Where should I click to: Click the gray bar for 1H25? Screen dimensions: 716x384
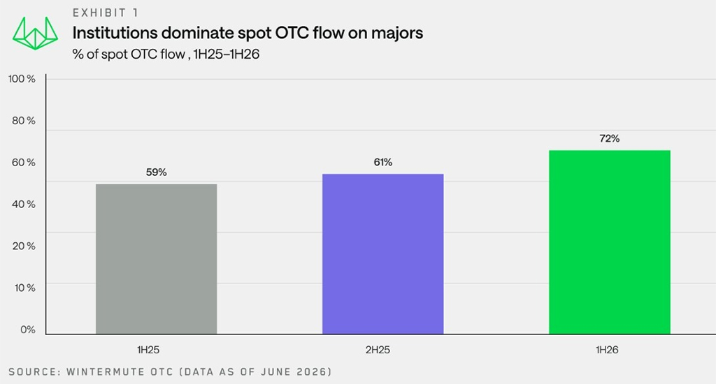click(156, 259)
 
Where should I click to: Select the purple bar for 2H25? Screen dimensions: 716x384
click(382, 254)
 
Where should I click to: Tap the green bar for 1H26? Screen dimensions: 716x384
click(610, 242)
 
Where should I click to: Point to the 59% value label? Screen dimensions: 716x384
click(156, 172)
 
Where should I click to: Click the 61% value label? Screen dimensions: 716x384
click(382, 163)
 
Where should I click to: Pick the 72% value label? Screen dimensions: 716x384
click(610, 139)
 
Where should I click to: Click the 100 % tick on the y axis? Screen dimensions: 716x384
click(22, 79)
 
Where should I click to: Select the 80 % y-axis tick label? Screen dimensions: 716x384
click(23, 121)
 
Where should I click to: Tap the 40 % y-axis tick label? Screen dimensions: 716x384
click(23, 205)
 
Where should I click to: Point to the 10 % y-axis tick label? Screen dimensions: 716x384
click(24, 288)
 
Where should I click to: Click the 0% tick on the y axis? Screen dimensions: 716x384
click(27, 330)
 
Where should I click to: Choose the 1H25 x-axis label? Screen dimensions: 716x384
click(148, 350)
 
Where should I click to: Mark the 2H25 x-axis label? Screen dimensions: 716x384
click(378, 350)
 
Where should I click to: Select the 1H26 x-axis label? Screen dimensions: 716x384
click(607, 350)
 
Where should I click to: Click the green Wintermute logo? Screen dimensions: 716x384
click(35, 34)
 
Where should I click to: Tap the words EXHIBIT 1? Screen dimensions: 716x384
click(106, 13)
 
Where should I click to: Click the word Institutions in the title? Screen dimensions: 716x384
click(115, 33)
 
